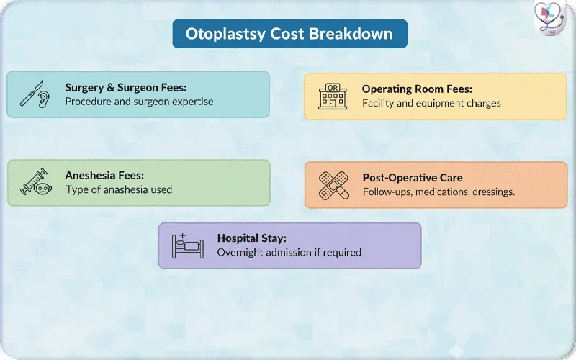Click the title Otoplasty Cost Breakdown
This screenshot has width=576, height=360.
point(289,34)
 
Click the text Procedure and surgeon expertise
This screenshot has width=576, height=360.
point(139,102)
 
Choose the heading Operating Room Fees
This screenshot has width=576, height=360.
point(417,89)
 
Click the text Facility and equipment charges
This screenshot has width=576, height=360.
point(431,103)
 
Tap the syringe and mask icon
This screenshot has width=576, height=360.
point(35,183)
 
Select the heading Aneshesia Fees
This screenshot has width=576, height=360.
point(104,175)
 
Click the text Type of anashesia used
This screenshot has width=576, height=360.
point(119,190)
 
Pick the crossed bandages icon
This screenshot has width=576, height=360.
point(334,185)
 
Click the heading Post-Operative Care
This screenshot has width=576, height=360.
point(413,178)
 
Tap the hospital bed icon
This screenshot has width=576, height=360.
point(187,246)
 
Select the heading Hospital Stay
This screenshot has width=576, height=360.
point(252,238)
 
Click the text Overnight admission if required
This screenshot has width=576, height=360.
point(289,252)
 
